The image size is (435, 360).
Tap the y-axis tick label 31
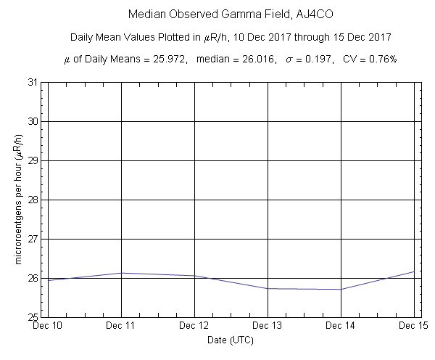coord(33,82)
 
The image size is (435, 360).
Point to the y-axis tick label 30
coord(33,121)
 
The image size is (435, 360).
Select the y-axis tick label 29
coord(33,160)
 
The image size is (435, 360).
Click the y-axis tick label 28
coord(33,200)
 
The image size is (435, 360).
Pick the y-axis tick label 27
coord(33,239)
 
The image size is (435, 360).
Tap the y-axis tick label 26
coord(33,278)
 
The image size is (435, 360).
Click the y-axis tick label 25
coord(33,317)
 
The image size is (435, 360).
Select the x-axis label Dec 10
coord(48,327)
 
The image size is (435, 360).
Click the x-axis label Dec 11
coord(121,327)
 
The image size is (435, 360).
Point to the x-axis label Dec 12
coord(194,327)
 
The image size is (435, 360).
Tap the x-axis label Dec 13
coord(268,327)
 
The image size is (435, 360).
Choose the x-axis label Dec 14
coord(341,327)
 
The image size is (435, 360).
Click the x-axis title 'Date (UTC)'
coord(231,340)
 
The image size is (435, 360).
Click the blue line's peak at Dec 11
coord(121,273)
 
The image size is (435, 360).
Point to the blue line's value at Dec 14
coord(341,289)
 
